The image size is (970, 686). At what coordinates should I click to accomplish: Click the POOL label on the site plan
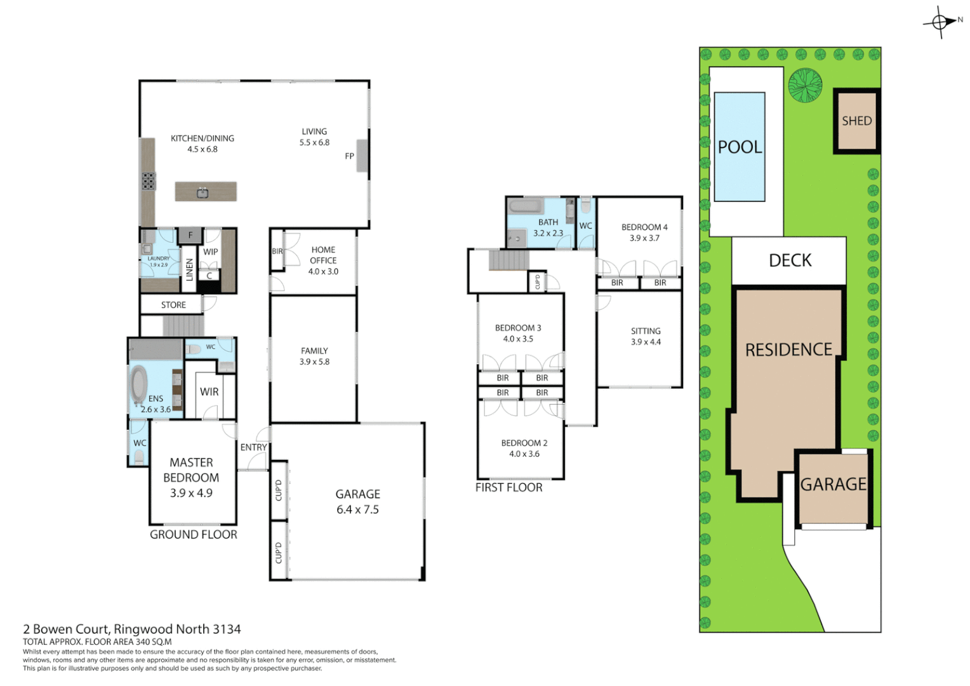740,147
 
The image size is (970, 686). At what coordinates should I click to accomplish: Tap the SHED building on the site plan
856,121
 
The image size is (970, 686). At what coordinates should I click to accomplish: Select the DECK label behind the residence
790,260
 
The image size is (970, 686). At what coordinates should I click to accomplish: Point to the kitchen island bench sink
203,192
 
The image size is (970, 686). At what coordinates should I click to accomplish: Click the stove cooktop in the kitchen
148,182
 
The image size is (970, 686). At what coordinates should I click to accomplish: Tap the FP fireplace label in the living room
349,156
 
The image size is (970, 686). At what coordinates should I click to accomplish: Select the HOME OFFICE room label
323,255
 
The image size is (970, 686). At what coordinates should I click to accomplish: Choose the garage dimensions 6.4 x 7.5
357,509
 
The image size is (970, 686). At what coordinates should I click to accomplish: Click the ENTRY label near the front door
253,447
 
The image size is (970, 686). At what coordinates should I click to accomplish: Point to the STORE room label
173,305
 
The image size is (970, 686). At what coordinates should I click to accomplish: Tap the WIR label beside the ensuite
209,392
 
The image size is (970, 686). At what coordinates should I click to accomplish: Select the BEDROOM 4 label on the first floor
644,227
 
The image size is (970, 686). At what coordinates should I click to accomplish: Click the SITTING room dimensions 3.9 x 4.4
646,342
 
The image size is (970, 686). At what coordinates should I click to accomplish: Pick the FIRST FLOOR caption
508,488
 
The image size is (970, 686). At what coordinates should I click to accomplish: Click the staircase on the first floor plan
508,260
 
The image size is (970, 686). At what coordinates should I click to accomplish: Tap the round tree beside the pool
805,85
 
